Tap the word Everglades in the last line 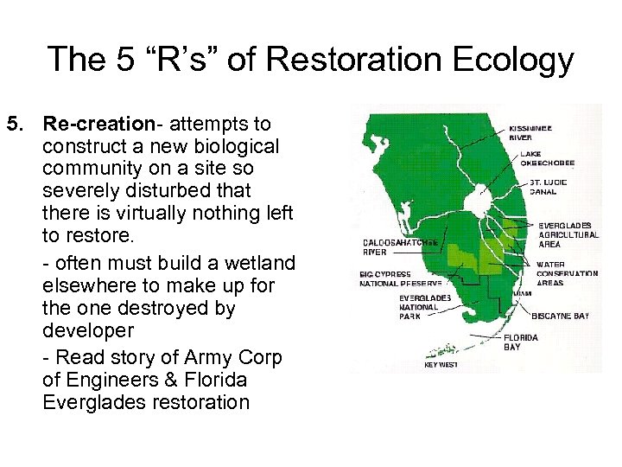click(88, 402)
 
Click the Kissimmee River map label click(533, 131)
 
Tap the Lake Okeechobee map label click(547, 158)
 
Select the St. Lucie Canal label click(547, 187)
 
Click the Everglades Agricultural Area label click(568, 234)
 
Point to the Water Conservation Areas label click(566, 273)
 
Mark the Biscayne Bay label click(560, 316)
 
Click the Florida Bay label click(521, 342)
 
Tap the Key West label click(441, 364)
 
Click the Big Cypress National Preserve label click(400, 278)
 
